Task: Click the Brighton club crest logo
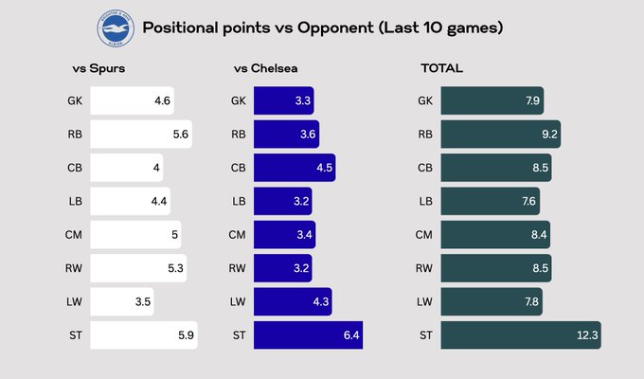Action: point(116,28)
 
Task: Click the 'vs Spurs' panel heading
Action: point(98,68)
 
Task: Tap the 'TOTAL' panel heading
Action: point(441,68)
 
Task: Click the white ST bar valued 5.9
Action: point(143,334)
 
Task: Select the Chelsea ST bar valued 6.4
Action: point(308,334)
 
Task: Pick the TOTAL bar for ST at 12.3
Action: point(521,334)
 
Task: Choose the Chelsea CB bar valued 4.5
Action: point(295,168)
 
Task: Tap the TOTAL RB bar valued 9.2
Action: point(501,135)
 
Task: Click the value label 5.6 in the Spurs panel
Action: point(181,135)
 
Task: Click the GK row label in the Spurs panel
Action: point(75,101)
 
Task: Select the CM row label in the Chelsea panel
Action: point(239,235)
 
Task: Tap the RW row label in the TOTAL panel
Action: point(425,268)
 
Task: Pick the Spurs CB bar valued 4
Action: point(127,168)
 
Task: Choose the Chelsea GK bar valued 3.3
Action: point(285,101)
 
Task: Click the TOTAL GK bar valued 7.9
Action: point(494,101)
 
